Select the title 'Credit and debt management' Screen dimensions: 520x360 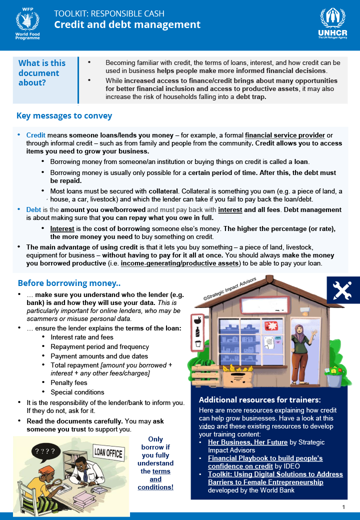click(127, 24)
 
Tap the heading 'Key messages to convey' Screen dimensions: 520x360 click(64, 116)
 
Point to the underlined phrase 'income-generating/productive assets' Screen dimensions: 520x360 click(180, 263)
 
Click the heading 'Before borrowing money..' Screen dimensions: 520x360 click(69, 283)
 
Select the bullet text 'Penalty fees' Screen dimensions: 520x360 click(69, 383)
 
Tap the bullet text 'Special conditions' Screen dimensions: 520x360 click(77, 392)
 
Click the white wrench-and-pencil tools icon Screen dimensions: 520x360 click(342, 290)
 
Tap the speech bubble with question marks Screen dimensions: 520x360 click(46, 451)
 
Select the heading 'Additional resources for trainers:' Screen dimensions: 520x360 click(259, 400)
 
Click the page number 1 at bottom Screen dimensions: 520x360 click(343, 507)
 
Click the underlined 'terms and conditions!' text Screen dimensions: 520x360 click(155, 479)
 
